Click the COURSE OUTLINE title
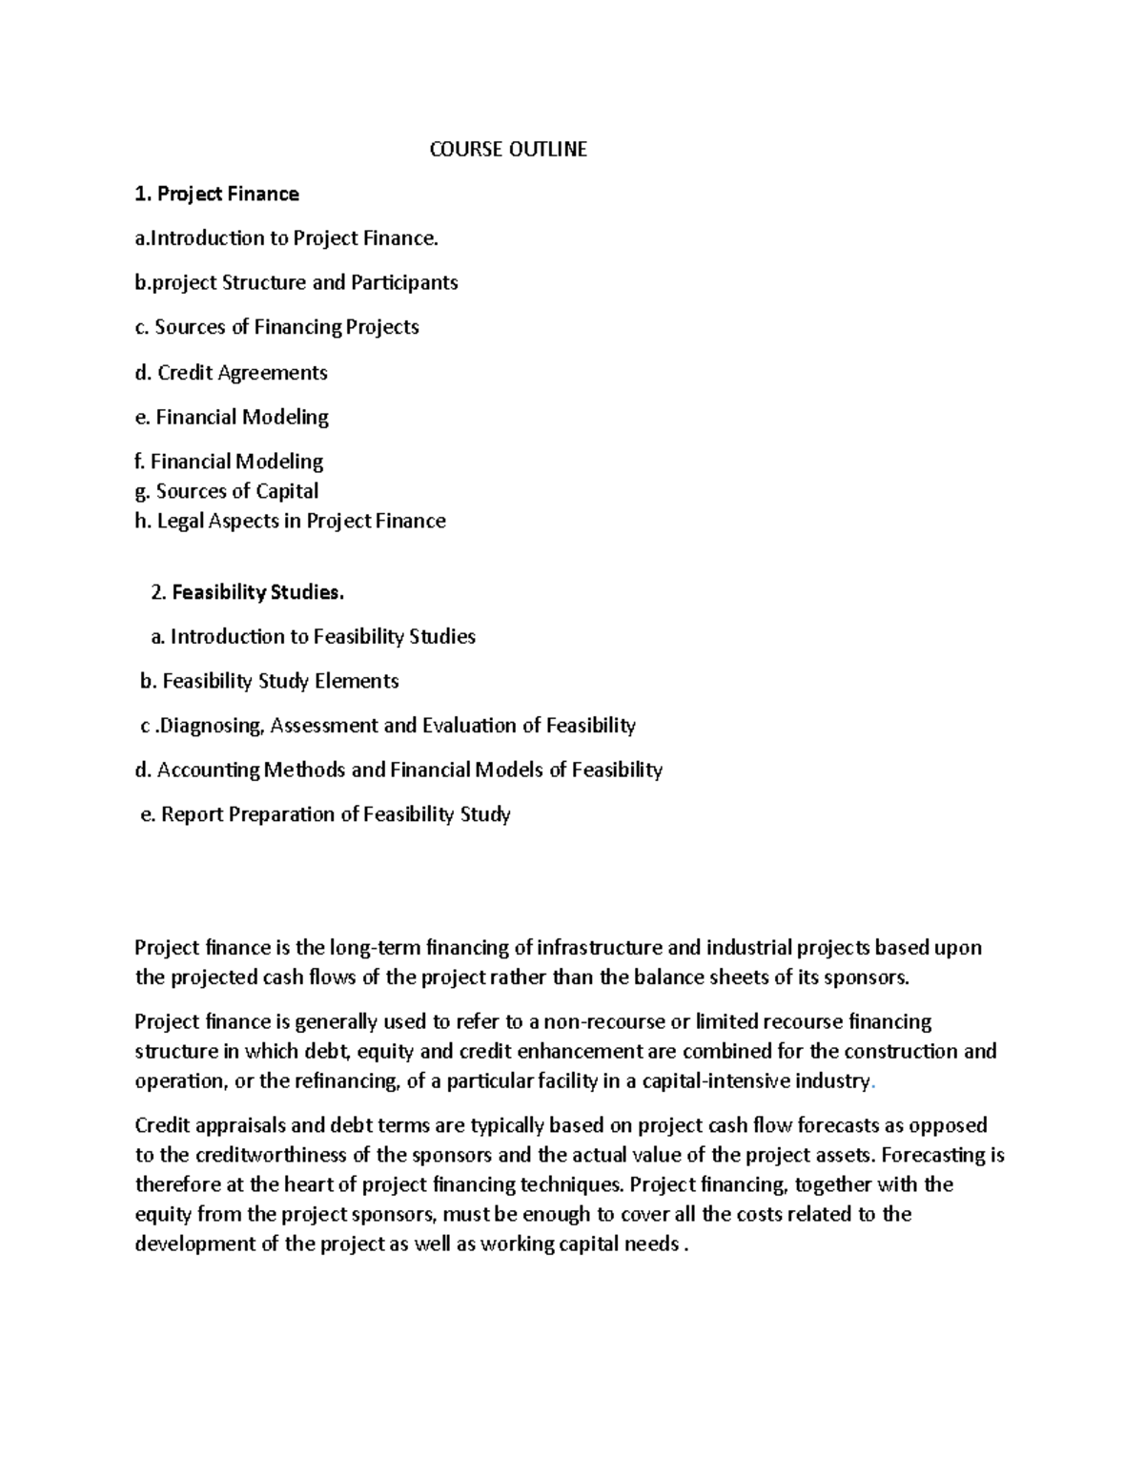point(507,150)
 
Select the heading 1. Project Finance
point(217,195)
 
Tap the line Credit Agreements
point(232,373)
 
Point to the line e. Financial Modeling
point(233,418)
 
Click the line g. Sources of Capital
point(227,492)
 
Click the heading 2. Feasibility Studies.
point(247,593)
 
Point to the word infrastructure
point(600,949)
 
